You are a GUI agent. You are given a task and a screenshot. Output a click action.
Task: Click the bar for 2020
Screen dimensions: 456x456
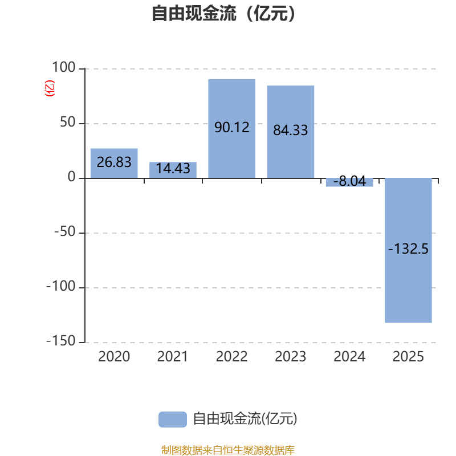click(114, 163)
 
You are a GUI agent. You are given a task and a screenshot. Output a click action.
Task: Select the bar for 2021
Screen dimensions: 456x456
click(173, 170)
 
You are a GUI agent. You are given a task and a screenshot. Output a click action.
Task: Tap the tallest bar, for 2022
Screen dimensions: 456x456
click(232, 129)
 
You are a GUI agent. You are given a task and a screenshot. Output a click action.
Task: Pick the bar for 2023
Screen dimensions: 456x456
click(291, 132)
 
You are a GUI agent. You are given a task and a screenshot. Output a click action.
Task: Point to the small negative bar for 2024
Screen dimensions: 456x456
click(349, 182)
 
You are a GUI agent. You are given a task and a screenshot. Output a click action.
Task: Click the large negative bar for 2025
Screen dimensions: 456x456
click(408, 250)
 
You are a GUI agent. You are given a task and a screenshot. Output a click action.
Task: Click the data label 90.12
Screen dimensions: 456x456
click(232, 127)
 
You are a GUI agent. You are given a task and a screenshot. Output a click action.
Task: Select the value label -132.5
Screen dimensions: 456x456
click(408, 249)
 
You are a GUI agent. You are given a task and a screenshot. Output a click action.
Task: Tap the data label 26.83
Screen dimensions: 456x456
click(114, 162)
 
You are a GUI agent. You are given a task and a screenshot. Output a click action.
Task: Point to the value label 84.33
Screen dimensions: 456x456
click(291, 130)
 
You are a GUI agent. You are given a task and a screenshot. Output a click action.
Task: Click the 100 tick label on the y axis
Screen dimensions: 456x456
click(64, 67)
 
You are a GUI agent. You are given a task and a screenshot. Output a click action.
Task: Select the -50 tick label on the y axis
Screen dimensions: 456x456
click(65, 232)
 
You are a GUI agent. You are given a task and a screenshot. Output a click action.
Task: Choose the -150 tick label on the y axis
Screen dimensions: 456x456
click(61, 341)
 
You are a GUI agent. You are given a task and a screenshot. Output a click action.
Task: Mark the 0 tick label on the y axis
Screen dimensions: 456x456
click(72, 177)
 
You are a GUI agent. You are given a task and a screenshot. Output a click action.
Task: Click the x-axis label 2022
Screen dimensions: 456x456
click(232, 357)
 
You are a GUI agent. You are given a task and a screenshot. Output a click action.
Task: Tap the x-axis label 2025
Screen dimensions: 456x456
click(408, 357)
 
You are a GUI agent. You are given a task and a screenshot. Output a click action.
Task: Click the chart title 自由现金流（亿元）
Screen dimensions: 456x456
click(223, 13)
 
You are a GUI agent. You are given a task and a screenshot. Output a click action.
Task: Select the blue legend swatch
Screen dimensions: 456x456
click(173, 420)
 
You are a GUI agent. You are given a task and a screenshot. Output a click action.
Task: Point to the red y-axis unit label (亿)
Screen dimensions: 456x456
click(50, 88)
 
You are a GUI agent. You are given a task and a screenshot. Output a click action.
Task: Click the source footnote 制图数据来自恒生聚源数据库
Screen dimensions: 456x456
click(228, 450)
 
